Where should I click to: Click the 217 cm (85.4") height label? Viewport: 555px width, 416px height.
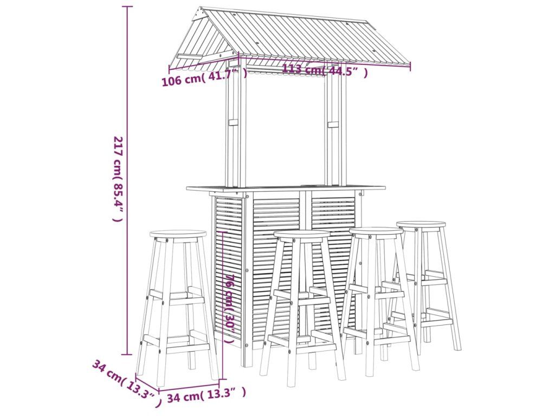click(118, 179)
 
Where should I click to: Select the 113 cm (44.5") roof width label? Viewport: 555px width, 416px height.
click(325, 70)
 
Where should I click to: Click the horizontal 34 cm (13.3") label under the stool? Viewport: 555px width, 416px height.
click(206, 394)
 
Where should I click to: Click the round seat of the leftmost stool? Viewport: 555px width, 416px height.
click(178, 235)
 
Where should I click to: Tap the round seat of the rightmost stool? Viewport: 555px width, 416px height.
click(421, 225)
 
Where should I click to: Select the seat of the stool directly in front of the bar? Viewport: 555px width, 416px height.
click(302, 235)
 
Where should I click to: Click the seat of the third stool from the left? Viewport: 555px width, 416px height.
click(376, 232)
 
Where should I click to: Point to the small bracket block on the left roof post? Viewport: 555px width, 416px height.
click(234, 123)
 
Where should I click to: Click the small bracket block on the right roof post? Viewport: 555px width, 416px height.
click(333, 125)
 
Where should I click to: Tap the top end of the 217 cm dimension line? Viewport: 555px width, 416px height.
click(127, 6)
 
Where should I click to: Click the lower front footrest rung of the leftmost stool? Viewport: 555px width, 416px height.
click(188, 348)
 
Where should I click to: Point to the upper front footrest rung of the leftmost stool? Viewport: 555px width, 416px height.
click(187, 301)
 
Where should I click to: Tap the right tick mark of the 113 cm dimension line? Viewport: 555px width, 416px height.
click(411, 66)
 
